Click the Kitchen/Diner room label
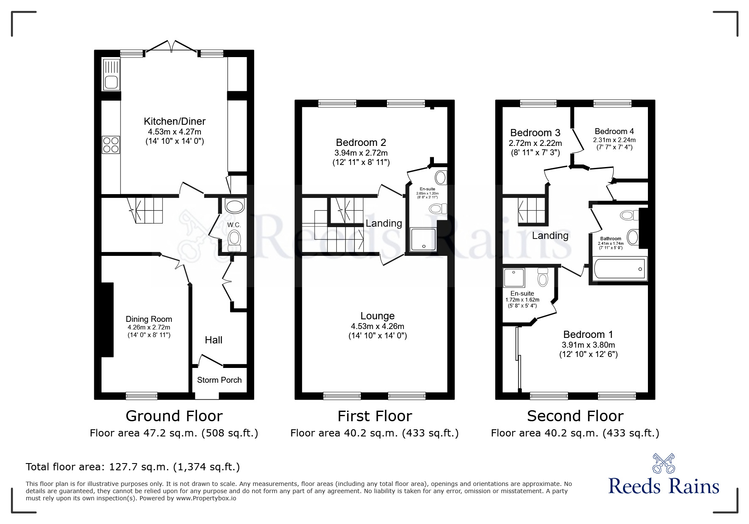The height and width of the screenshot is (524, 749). tap(174, 121)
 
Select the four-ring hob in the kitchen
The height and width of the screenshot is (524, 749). tap(111, 145)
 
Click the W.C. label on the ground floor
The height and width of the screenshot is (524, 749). tap(234, 225)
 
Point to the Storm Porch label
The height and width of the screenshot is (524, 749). tap(219, 380)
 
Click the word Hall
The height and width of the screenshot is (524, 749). tap(214, 340)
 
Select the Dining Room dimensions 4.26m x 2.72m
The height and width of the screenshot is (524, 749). tap(149, 327)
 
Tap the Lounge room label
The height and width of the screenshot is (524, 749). tap(377, 316)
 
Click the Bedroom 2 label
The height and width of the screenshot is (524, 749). tap(361, 143)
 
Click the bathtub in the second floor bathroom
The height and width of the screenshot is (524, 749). tap(620, 269)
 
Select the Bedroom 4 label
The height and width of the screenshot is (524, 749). tap(614, 131)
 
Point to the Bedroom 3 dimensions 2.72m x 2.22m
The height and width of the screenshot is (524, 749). tap(535, 143)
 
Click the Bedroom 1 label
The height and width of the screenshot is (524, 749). tap(588, 335)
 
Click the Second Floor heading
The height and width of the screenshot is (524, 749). tap(575, 416)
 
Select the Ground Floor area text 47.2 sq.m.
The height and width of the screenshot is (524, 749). tap(174, 433)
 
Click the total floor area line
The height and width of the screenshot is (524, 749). tap(133, 467)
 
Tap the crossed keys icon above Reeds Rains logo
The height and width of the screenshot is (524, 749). tap(664, 463)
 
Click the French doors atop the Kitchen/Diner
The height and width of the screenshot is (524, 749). tap(171, 46)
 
